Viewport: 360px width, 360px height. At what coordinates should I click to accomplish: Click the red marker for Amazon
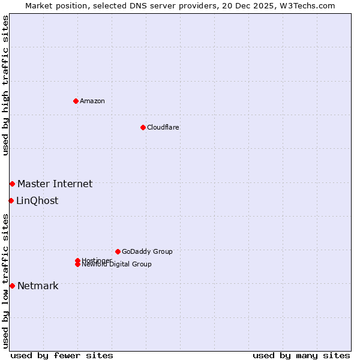pyautogui.click(x=76, y=101)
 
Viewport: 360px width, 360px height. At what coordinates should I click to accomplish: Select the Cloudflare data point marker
pyautogui.click(x=143, y=127)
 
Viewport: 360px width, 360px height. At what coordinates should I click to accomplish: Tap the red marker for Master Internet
pyautogui.click(x=12, y=184)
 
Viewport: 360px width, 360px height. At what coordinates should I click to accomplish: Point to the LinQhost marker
pyautogui.click(x=11, y=200)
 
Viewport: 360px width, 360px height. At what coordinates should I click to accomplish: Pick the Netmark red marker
pyautogui.click(x=12, y=286)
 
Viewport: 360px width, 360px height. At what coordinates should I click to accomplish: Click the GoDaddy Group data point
pyautogui.click(x=118, y=251)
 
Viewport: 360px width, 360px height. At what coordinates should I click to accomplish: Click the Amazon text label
pyautogui.click(x=92, y=101)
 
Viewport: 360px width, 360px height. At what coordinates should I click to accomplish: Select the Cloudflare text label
pyautogui.click(x=163, y=127)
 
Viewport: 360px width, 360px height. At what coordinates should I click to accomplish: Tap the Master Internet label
pyautogui.click(x=55, y=184)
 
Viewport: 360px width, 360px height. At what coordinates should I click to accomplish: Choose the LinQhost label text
pyautogui.click(x=37, y=200)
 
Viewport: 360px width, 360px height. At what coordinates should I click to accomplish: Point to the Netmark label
pyautogui.click(x=38, y=286)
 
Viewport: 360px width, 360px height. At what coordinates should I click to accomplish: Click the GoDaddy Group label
pyautogui.click(x=147, y=251)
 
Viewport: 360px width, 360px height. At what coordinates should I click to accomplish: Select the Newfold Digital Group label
pyautogui.click(x=117, y=265)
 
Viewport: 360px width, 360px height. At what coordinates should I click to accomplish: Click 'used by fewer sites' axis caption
pyautogui.click(x=62, y=355)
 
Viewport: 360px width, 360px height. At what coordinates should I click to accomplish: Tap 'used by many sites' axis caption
pyautogui.click(x=301, y=355)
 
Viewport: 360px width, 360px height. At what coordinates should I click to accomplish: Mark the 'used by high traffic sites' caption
pyautogui.click(x=5, y=85)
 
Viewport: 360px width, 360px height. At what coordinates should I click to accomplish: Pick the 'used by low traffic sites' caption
pyautogui.click(x=5, y=280)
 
